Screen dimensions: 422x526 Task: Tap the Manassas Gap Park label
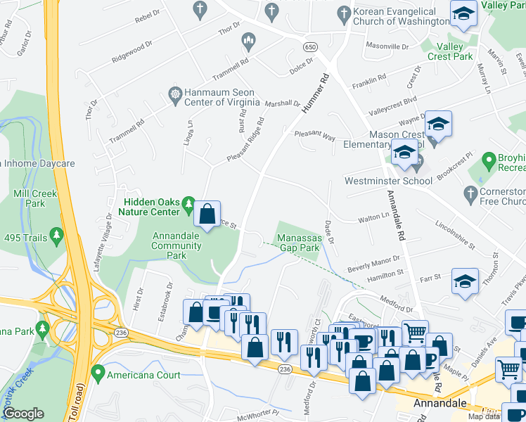tap(299, 243)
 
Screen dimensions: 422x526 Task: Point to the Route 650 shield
tap(310, 46)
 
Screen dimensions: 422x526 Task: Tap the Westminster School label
tap(387, 181)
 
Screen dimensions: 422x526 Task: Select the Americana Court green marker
tap(96, 375)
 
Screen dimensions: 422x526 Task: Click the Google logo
tap(23, 414)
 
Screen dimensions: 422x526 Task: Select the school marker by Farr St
tap(465, 281)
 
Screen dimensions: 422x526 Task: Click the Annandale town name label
tap(440, 403)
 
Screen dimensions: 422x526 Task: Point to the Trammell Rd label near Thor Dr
tap(127, 132)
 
